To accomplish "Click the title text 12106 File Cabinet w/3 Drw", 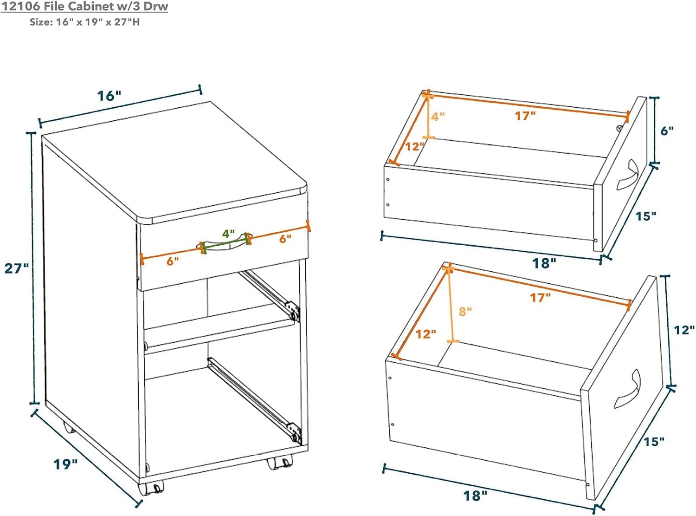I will pyautogui.click(x=84, y=7).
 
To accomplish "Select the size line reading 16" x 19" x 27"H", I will pyautogui.click(x=84, y=22).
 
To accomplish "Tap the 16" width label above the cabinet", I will pyautogui.click(x=109, y=96).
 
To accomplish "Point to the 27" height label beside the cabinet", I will pyautogui.click(x=17, y=268).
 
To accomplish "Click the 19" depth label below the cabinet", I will pyautogui.click(x=65, y=464).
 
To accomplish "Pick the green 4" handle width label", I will pyautogui.click(x=228, y=233).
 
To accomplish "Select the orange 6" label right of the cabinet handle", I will pyautogui.click(x=285, y=239).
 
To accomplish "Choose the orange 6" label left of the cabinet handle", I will pyautogui.click(x=173, y=261).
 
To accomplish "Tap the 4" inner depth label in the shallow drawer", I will pyautogui.click(x=438, y=117).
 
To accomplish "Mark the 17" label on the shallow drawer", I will pyautogui.click(x=525, y=116).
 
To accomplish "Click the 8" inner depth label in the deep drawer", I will pyautogui.click(x=465, y=311).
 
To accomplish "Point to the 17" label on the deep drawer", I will pyautogui.click(x=540, y=297).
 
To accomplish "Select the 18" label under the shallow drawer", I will pyautogui.click(x=544, y=263).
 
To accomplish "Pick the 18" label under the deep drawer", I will pyautogui.click(x=476, y=496).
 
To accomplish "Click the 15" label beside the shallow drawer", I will pyautogui.click(x=645, y=216).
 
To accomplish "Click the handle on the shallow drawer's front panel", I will pyautogui.click(x=627, y=175).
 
